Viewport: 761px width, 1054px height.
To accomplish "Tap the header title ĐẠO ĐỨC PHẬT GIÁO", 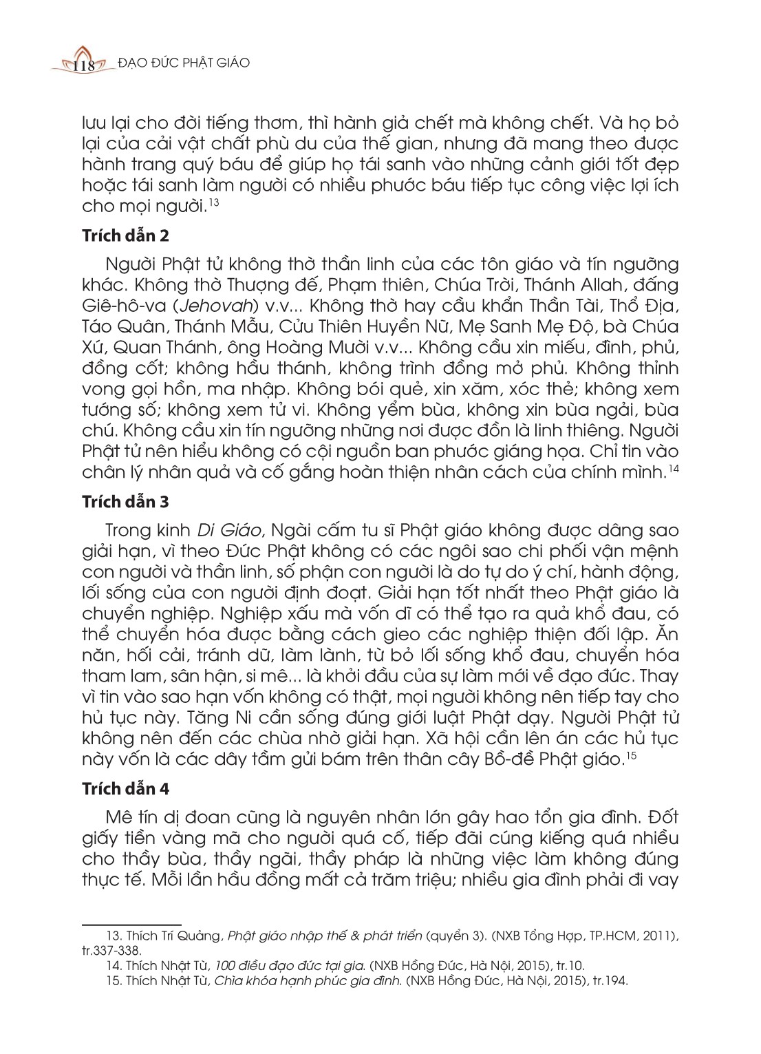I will [x=184, y=63].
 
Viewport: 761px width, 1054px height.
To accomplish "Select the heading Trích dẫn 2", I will [x=125, y=235].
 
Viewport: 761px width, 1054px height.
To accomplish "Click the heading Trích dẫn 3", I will [x=125, y=502].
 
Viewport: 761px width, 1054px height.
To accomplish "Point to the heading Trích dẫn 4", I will [x=125, y=788].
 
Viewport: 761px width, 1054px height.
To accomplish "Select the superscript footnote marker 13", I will [x=214, y=202].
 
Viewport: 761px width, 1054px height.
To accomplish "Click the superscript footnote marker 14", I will [x=674, y=469].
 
